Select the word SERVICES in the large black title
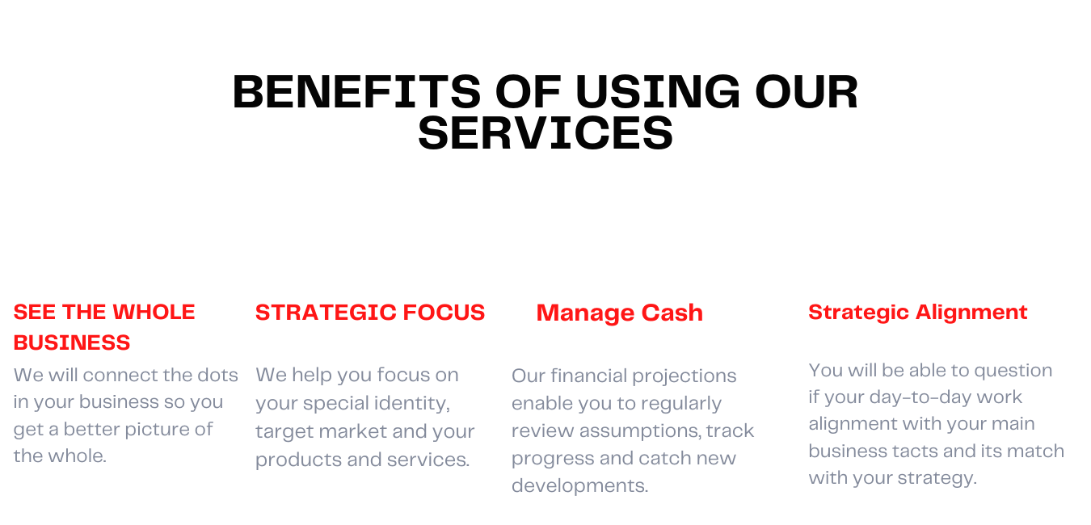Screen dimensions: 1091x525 (x=545, y=132)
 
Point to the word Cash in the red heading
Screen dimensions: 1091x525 (x=672, y=313)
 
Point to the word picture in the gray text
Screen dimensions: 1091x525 (x=163, y=430)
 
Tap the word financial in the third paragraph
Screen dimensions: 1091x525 (x=589, y=376)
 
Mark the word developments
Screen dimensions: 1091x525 (x=580, y=486)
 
